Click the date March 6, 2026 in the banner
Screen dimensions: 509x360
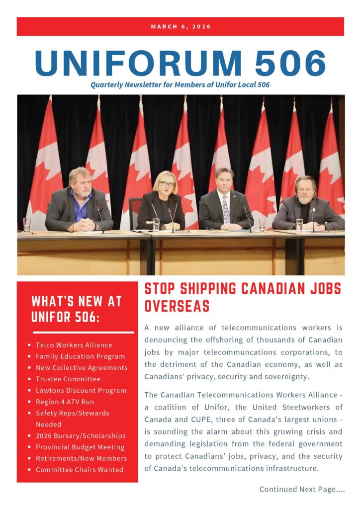180,26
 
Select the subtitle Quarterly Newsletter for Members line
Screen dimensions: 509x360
180,85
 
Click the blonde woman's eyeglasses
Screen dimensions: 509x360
167,183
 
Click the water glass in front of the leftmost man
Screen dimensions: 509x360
26,224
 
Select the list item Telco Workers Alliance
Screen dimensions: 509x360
74,345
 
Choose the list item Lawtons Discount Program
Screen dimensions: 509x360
81,391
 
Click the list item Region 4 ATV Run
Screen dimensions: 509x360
65,402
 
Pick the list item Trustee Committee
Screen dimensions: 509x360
68,379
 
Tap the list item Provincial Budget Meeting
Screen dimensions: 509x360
80,447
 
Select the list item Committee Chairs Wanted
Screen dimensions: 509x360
79,470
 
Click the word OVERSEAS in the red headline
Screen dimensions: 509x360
177,306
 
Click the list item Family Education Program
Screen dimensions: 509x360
80,356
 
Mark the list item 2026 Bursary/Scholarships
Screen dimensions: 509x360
80,436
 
